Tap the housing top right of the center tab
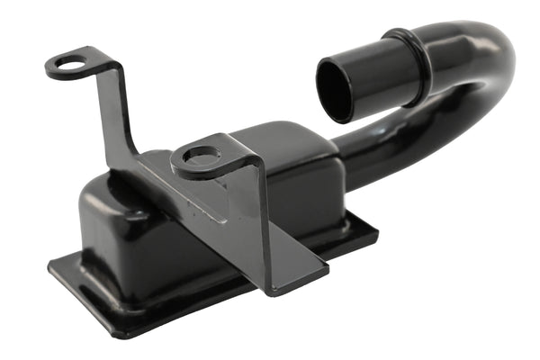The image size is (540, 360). [x=297, y=144]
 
